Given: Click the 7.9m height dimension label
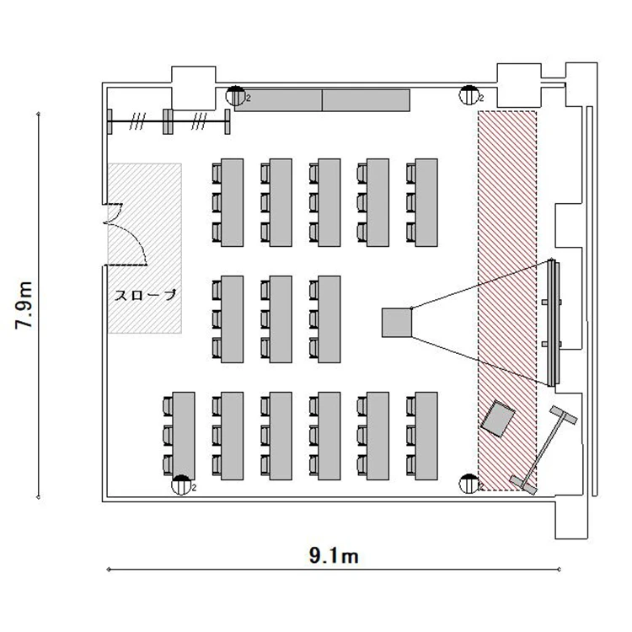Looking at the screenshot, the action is [x=24, y=305].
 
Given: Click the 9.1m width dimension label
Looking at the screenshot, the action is [x=334, y=556].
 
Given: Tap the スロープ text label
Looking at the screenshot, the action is [x=146, y=295].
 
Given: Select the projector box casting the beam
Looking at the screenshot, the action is [x=397, y=323].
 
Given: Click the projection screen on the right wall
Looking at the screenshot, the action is [x=553, y=323].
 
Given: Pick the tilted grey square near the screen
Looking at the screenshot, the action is [x=498, y=418].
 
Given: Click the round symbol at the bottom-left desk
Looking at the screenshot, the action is [x=181, y=485].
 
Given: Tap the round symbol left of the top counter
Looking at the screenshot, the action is [x=235, y=96].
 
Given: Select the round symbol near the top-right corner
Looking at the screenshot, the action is [x=469, y=95].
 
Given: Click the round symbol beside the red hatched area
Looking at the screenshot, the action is [x=469, y=484].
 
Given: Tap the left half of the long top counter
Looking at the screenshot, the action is [x=279, y=100].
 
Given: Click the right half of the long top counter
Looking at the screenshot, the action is [x=366, y=100].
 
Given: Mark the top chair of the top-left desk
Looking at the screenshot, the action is [x=217, y=173].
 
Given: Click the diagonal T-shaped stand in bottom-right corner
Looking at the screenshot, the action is [x=544, y=450].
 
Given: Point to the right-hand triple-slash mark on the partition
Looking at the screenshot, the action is [x=199, y=121].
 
